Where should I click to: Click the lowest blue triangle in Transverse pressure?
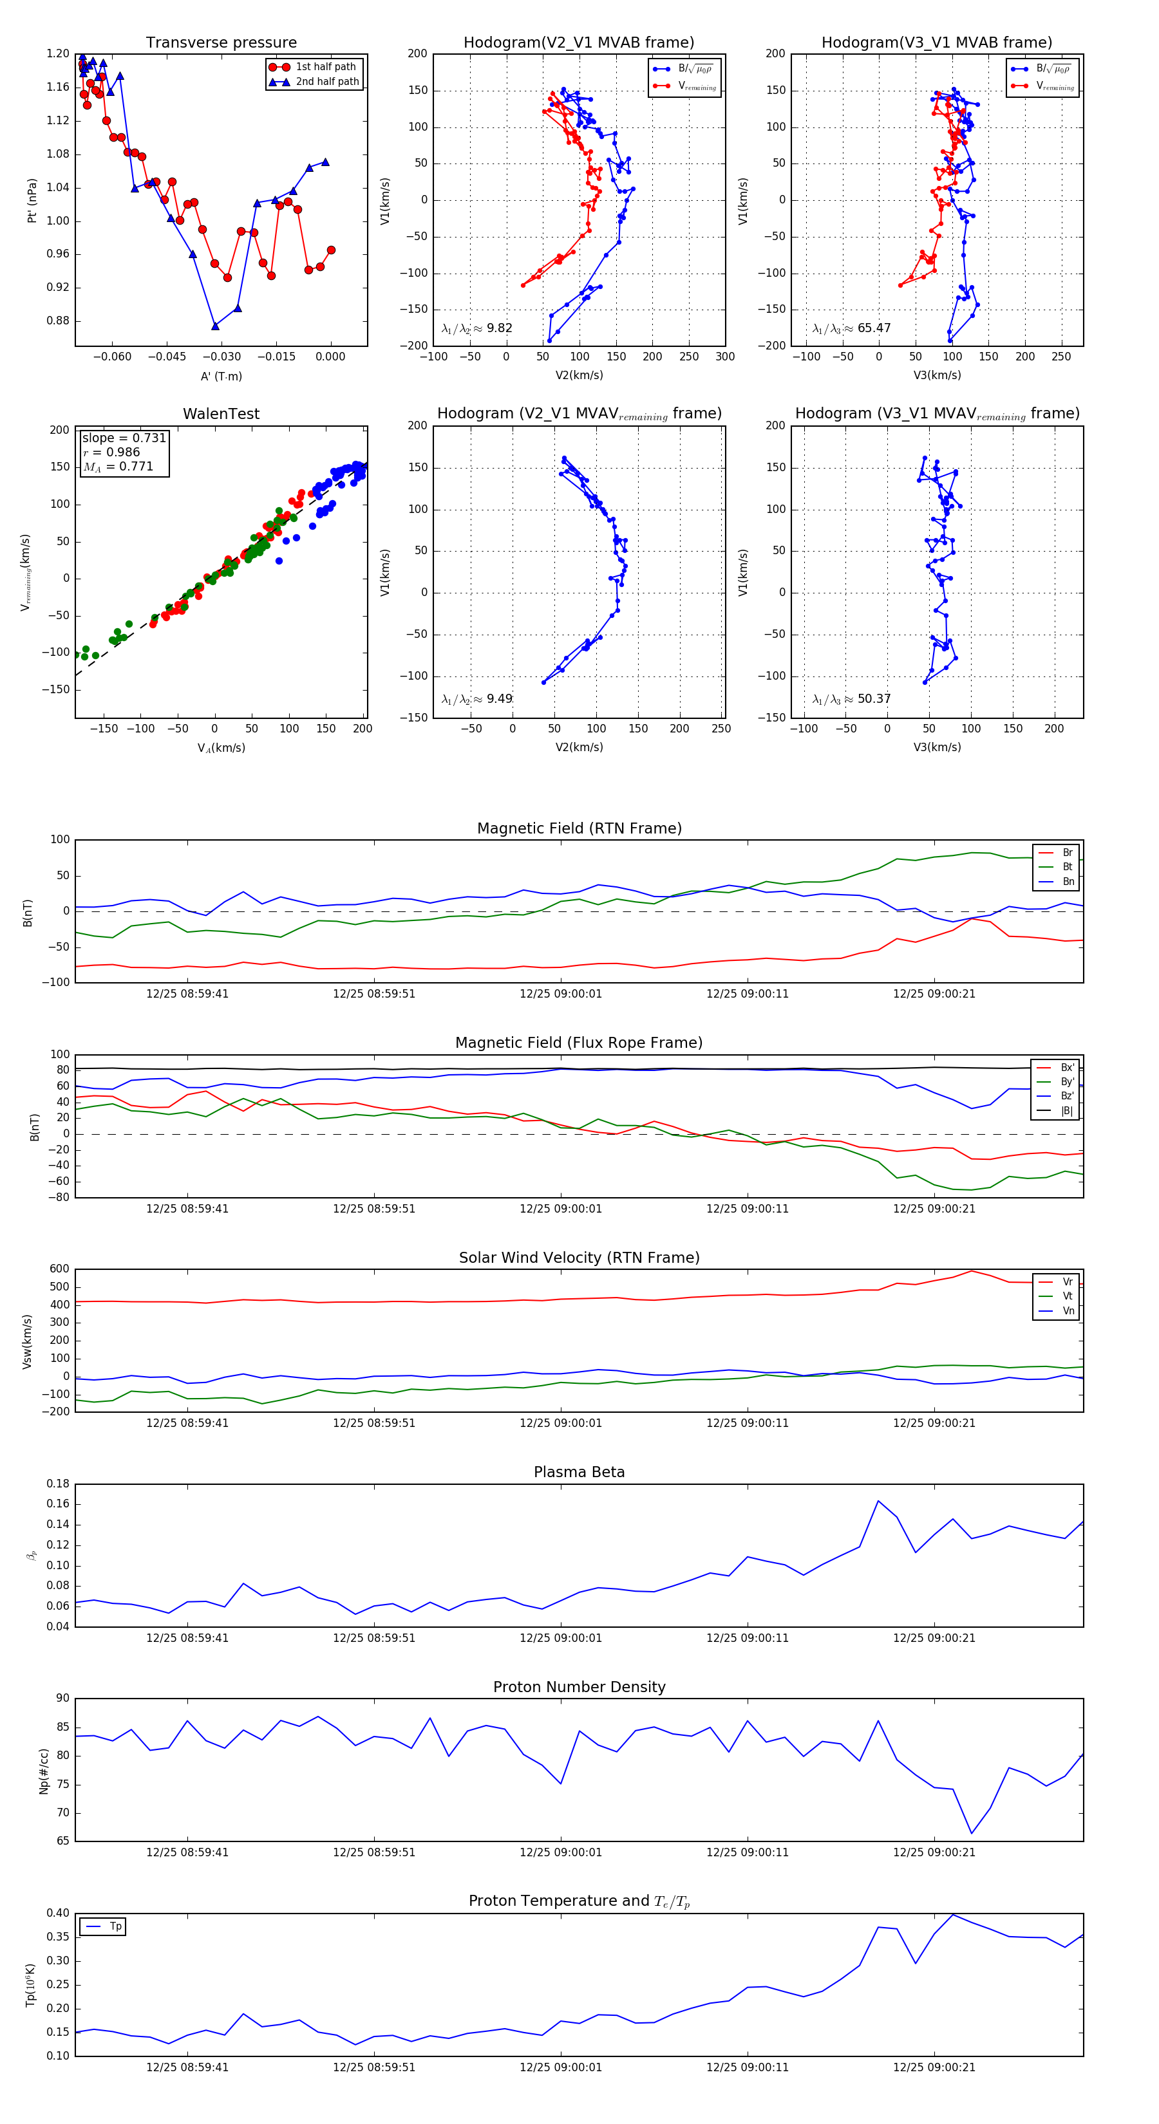(x=215, y=326)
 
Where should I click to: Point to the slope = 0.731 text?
(x=124, y=438)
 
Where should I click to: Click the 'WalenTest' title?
(x=221, y=414)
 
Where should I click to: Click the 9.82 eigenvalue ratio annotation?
(x=499, y=328)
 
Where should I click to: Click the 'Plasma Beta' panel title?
(x=579, y=1473)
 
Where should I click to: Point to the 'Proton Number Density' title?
(x=579, y=1687)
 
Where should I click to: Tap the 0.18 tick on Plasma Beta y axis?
(x=58, y=1484)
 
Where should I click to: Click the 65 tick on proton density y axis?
(x=62, y=1840)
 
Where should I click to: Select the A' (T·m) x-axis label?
(x=221, y=377)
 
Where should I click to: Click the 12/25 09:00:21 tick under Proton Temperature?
(x=934, y=2067)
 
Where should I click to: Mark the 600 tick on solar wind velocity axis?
(x=59, y=1269)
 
